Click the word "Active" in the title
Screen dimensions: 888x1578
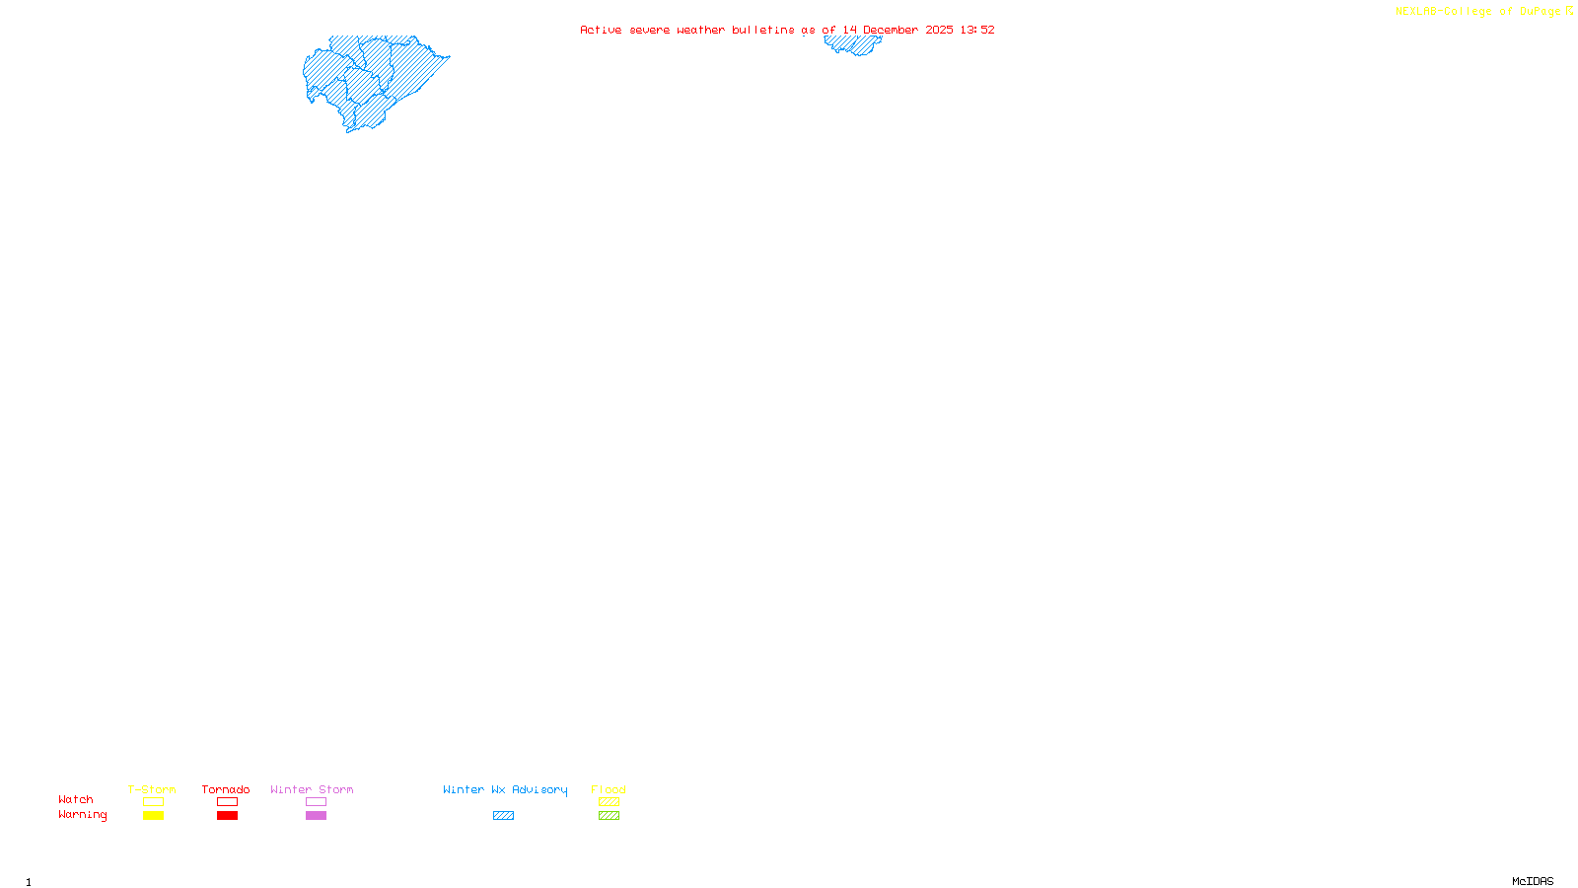pos(601,30)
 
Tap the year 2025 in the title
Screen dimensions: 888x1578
pos(939,30)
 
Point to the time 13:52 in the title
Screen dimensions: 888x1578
pos(977,30)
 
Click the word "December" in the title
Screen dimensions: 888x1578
pos(891,30)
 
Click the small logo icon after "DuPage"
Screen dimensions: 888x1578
pos(1569,11)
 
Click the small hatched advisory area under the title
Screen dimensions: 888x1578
pos(853,44)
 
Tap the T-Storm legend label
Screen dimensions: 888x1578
pos(152,789)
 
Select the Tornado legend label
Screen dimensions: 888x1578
pos(226,789)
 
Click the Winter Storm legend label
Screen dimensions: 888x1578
pos(312,789)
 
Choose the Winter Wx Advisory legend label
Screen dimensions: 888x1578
pos(505,789)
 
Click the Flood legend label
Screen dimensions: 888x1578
pos(609,789)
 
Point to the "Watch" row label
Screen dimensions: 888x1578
pos(76,799)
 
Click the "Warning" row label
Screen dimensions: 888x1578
pos(83,815)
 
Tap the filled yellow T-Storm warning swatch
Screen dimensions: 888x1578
pos(153,816)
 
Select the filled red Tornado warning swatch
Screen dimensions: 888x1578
pos(227,816)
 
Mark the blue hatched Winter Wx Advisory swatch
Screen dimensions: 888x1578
pos(503,816)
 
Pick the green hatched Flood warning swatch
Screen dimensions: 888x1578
pos(609,816)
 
